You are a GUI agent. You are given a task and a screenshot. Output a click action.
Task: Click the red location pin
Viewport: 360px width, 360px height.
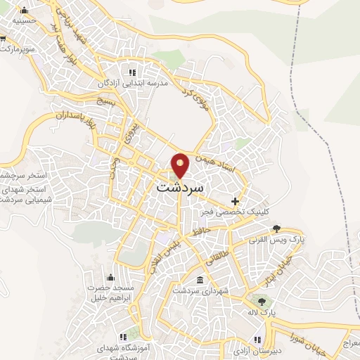[x=180, y=165]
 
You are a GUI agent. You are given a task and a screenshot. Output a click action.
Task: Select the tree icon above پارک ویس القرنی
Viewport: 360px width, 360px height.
[x=276, y=229]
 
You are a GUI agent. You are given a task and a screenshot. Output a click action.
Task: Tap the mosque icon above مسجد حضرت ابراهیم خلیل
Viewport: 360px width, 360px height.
[x=110, y=277]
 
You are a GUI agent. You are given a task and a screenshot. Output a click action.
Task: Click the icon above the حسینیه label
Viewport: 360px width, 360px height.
[x=25, y=10]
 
